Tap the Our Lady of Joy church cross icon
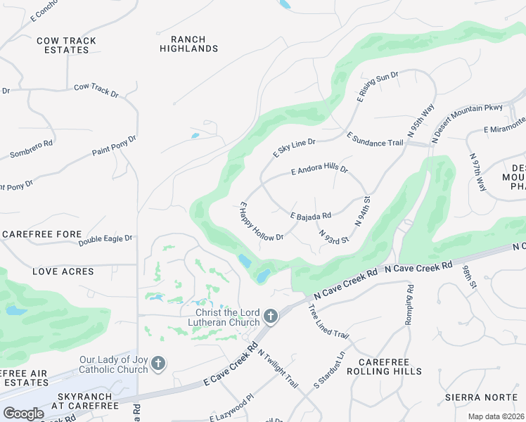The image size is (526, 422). tap(159, 364)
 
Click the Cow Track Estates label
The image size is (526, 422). tap(66, 46)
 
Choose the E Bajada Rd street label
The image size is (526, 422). tap(310, 212)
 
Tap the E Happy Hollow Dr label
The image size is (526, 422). tap(261, 222)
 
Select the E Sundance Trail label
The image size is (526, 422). tap(375, 139)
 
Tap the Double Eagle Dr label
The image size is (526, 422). tap(105, 240)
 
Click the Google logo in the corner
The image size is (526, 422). tap(23, 414)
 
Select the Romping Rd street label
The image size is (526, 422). tap(409, 305)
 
